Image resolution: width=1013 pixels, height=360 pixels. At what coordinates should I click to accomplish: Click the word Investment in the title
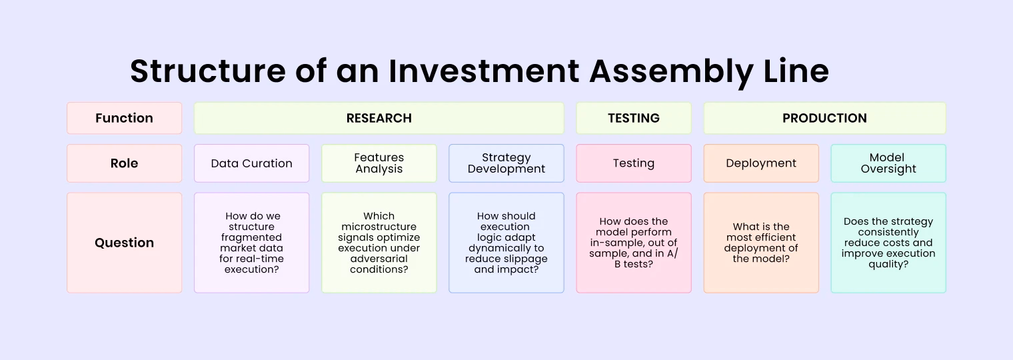point(484,71)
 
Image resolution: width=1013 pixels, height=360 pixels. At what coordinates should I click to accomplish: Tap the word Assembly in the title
point(672,73)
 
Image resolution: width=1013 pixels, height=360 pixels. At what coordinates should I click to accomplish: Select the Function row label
point(125,118)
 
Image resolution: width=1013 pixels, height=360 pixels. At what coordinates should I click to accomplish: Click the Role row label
point(125,163)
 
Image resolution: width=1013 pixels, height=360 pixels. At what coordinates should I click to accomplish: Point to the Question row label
point(125,243)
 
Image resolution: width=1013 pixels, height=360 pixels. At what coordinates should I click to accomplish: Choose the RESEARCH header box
point(379,118)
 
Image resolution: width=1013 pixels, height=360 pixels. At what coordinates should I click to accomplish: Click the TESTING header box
point(634,118)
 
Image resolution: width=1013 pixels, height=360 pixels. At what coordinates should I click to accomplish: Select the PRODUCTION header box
point(824,118)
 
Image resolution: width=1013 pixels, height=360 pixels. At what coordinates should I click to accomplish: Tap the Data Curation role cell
point(251,163)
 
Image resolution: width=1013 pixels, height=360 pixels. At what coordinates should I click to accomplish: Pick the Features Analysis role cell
point(379,163)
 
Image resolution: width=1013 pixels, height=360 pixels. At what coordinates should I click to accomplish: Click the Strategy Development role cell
point(507,163)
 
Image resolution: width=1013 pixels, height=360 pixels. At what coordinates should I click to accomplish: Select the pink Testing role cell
point(634,163)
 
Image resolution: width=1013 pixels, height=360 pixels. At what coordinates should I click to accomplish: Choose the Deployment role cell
point(761,163)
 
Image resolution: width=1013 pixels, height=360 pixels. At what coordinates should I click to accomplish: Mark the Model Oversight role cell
point(888,163)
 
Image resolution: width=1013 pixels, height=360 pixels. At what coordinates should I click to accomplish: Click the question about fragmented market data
point(251,243)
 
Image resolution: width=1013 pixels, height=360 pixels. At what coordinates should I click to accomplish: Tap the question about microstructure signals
point(379,243)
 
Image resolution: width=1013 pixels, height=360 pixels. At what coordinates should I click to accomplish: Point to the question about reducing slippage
point(507,243)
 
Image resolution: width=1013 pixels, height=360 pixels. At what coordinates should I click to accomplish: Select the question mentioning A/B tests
point(634,243)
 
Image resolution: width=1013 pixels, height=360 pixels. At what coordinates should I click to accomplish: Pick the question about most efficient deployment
point(761,243)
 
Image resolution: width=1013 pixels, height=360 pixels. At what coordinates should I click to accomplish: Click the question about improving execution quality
point(888,243)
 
